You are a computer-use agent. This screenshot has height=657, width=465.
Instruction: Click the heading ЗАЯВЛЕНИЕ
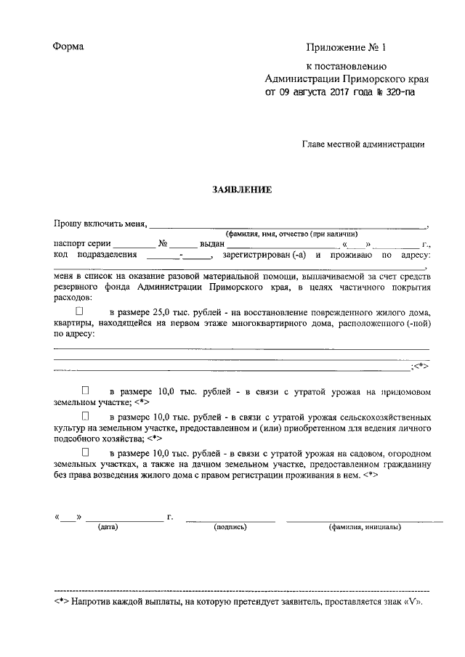coord(241,190)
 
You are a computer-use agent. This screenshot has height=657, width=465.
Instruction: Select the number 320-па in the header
coord(398,93)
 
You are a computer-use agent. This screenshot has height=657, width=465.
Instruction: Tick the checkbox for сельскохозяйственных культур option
coord(86,417)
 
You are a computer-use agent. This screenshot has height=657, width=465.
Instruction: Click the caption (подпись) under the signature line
coord(230,527)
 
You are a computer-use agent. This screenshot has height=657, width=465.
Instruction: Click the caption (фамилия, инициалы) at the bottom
coord(364,527)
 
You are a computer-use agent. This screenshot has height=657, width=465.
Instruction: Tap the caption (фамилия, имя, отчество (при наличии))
coord(291,234)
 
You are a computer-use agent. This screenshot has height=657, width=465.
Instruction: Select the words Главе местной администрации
coord(363,144)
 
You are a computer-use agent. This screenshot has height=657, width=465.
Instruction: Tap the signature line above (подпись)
coord(230,520)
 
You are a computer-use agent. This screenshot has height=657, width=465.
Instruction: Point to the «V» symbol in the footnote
coord(409,603)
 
